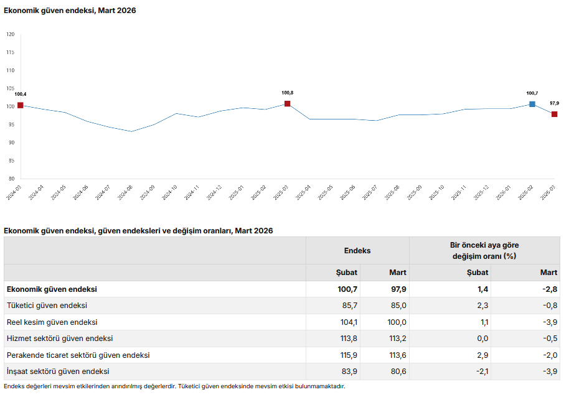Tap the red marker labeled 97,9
click(x=554, y=114)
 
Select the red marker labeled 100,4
click(x=21, y=105)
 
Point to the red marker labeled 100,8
click(x=287, y=104)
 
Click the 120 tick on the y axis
click(x=11, y=34)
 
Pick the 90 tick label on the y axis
click(x=11, y=142)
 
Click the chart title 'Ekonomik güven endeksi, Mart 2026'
click(x=70, y=11)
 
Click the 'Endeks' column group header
click(x=357, y=251)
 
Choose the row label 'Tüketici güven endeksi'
click(x=47, y=306)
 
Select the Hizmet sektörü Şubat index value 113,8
click(x=346, y=339)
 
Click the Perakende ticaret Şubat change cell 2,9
click(x=482, y=355)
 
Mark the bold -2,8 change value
click(x=548, y=289)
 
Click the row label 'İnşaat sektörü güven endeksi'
click(x=58, y=371)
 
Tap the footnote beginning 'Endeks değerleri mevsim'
click(x=174, y=386)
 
